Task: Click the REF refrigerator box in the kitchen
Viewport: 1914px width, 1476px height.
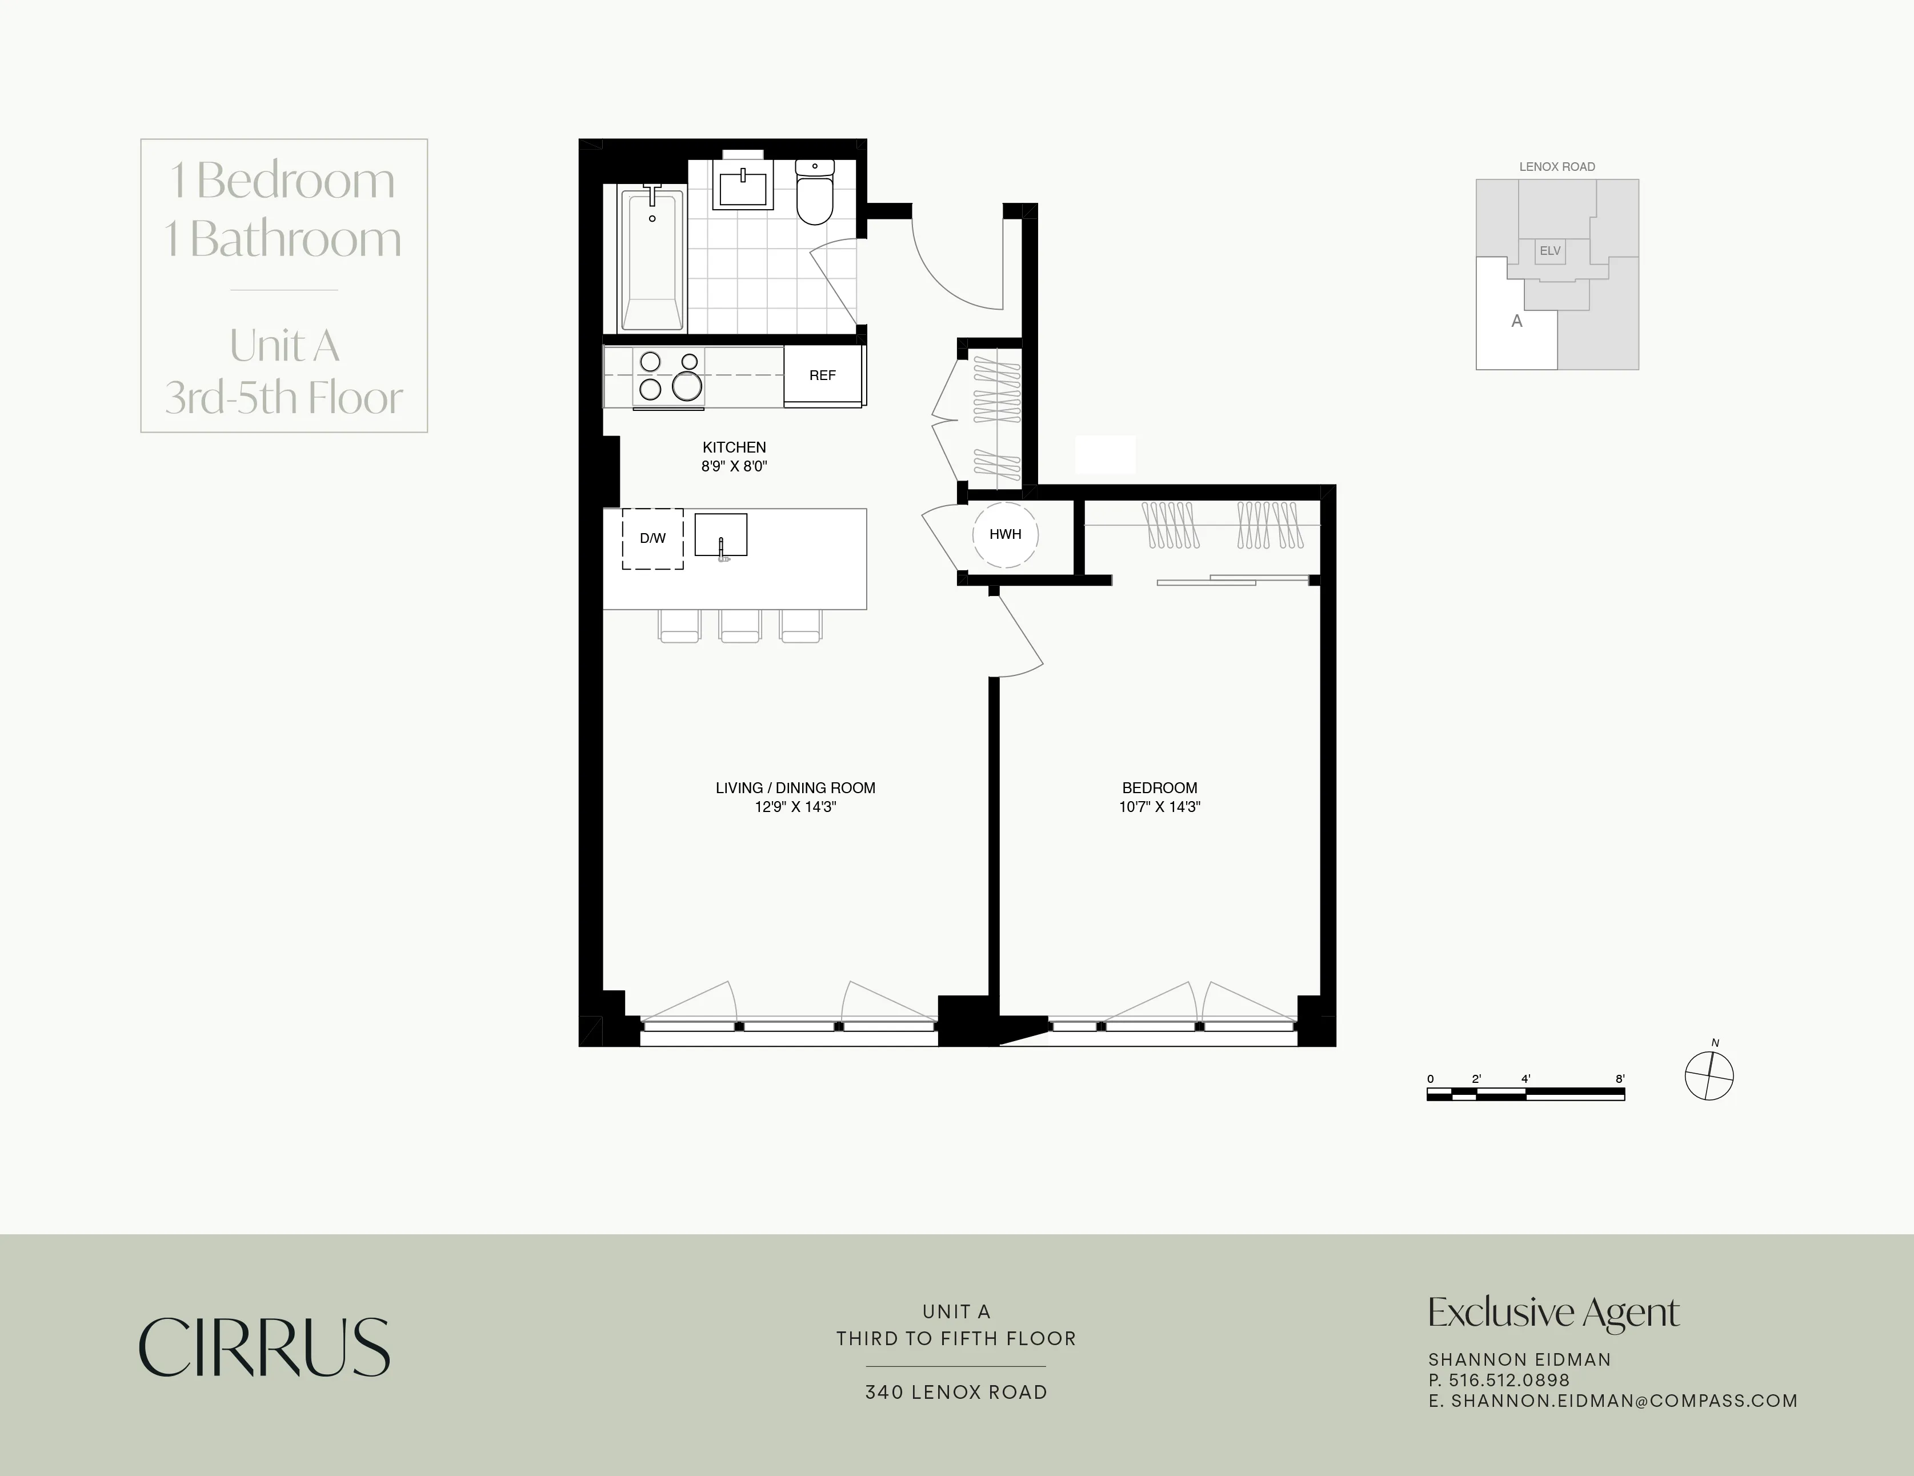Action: tap(822, 375)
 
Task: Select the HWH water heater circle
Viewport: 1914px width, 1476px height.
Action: tap(1005, 534)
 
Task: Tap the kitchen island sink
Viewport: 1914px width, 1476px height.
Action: tap(720, 535)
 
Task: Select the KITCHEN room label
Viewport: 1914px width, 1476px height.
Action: tap(734, 447)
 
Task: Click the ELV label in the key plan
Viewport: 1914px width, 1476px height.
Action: tap(1550, 251)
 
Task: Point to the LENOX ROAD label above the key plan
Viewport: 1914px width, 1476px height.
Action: tap(1556, 166)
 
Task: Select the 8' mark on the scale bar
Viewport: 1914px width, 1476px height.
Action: tap(1620, 1079)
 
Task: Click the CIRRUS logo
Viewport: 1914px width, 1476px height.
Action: tap(264, 1347)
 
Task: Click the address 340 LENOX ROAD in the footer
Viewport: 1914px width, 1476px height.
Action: tap(956, 1392)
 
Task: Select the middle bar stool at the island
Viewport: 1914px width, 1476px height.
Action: tap(740, 626)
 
